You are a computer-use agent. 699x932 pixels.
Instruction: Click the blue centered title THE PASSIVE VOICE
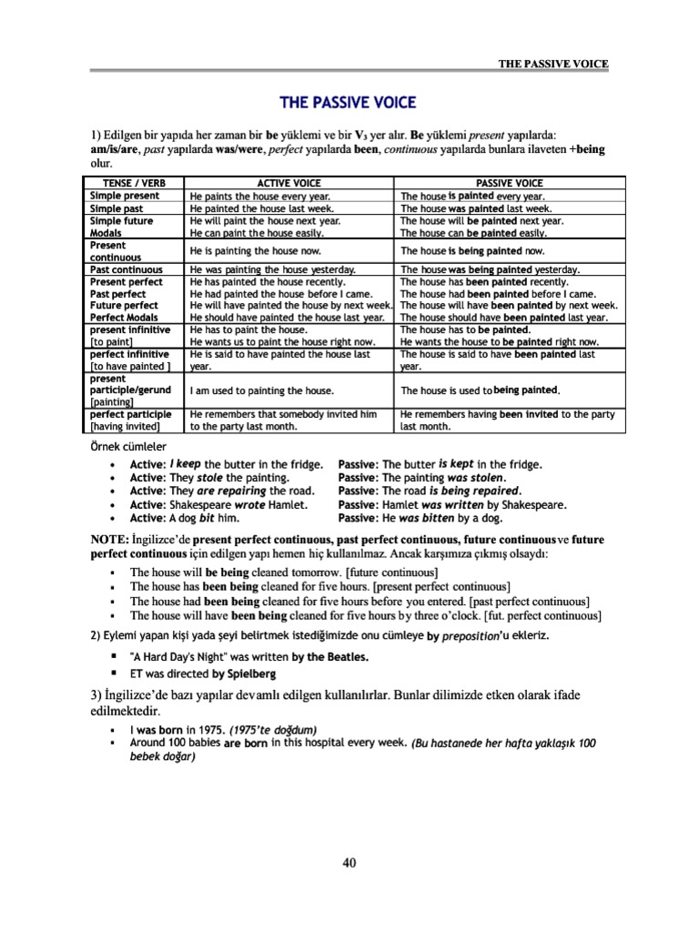pyautogui.click(x=349, y=102)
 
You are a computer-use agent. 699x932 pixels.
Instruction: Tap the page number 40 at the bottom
pyautogui.click(x=349, y=864)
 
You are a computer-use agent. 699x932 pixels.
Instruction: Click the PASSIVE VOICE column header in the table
pyautogui.click(x=509, y=183)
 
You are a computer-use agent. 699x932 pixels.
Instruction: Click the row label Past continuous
pyautogui.click(x=126, y=270)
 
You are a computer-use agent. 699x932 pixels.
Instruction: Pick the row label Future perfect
pyautogui.click(x=124, y=306)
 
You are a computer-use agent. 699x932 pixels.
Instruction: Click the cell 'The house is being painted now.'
pyautogui.click(x=472, y=250)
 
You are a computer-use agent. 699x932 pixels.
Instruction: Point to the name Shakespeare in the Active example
pyautogui.click(x=200, y=504)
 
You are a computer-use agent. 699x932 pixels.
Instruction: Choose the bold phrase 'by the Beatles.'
pyautogui.click(x=336, y=656)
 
